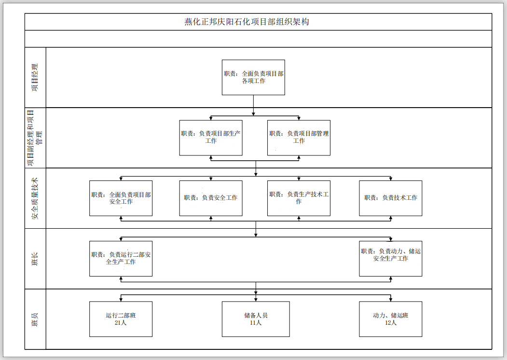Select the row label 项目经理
click(x=35, y=77)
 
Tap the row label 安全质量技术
click(x=35, y=198)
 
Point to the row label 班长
click(x=35, y=259)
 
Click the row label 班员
click(x=35, y=319)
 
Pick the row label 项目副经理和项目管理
click(x=35, y=138)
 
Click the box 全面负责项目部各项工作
click(x=253, y=77)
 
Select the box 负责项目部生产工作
click(x=211, y=138)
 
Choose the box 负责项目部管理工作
click(x=299, y=138)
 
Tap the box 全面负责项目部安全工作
click(x=121, y=198)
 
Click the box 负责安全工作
click(x=211, y=198)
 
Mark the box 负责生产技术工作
click(x=299, y=198)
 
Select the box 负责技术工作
click(x=390, y=198)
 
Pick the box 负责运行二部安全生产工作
click(x=121, y=258)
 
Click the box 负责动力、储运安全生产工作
click(x=390, y=258)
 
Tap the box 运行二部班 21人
click(x=121, y=319)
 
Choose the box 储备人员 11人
click(x=256, y=319)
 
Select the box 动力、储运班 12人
click(x=390, y=319)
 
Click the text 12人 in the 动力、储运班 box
click(x=391, y=323)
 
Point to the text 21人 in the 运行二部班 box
click(x=121, y=323)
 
